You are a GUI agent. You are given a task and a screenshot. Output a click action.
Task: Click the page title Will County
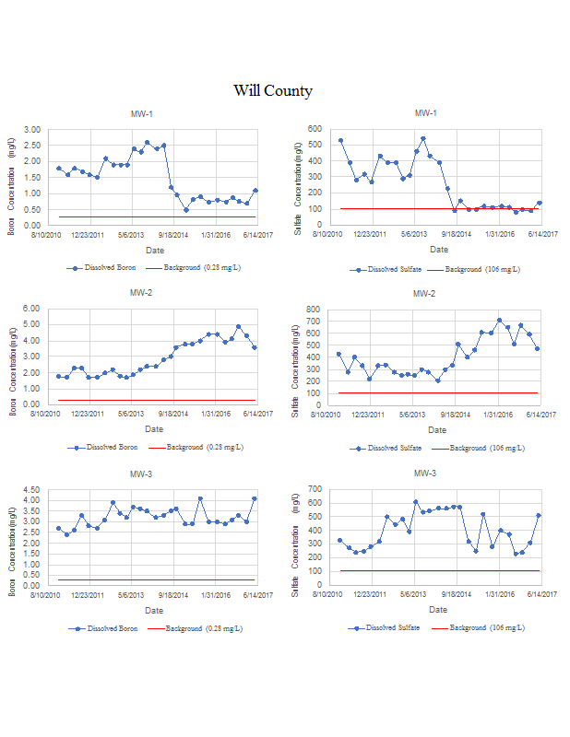[x=272, y=90]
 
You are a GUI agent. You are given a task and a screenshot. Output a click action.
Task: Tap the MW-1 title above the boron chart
[x=142, y=114]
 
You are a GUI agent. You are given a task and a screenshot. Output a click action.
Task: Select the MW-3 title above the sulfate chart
[x=425, y=473]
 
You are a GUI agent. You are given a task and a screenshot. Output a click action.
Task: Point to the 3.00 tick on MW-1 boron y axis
[x=32, y=130]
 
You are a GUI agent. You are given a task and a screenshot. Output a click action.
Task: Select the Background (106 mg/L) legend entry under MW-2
[x=482, y=448]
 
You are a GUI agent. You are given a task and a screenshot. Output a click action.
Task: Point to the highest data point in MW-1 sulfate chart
[x=422, y=139]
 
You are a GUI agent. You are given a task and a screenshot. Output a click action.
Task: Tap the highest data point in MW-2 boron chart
[x=239, y=326]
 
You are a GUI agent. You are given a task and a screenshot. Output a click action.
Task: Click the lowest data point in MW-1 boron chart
[x=185, y=210]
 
